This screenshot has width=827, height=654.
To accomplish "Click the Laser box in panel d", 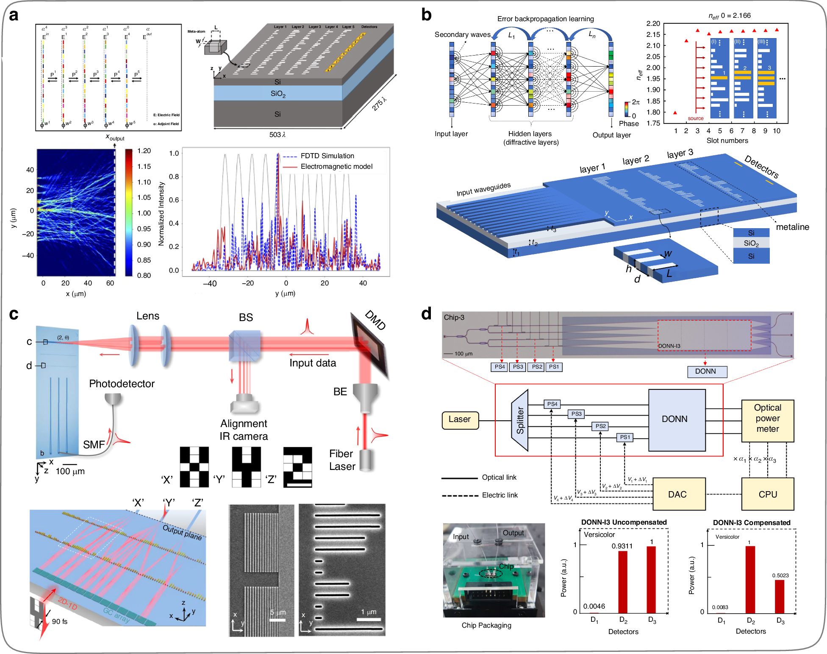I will pyautogui.click(x=460, y=420).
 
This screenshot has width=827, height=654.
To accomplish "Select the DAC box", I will pyautogui.click(x=679, y=494).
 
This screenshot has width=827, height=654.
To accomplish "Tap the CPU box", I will pyautogui.click(x=767, y=494).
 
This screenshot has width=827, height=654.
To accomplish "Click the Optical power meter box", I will pyautogui.click(x=767, y=419).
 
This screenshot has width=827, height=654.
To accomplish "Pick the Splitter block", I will pyautogui.click(x=520, y=420).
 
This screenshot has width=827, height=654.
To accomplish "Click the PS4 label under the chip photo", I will pyautogui.click(x=500, y=367).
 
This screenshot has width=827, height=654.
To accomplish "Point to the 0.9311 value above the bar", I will pyautogui.click(x=622, y=546).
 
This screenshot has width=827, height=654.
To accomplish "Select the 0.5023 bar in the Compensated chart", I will pyautogui.click(x=780, y=596).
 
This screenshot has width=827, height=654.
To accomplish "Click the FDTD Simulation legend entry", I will pyautogui.click(x=327, y=156).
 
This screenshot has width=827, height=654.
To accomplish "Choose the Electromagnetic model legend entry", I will pyautogui.click(x=336, y=167).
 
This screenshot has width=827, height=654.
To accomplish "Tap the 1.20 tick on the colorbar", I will pyautogui.click(x=144, y=151).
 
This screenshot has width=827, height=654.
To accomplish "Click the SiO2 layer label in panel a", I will pyautogui.click(x=278, y=94).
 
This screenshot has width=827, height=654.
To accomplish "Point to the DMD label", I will pyautogui.click(x=375, y=320).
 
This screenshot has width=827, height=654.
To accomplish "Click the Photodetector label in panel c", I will pyautogui.click(x=122, y=384).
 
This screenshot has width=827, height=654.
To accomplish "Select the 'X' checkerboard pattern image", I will pyautogui.click(x=194, y=467).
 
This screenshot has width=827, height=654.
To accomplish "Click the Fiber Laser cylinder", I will pyautogui.click(x=366, y=460).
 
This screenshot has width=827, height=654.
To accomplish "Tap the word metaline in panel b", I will pyautogui.click(x=792, y=227).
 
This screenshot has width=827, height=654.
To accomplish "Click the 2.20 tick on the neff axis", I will pyautogui.click(x=653, y=24).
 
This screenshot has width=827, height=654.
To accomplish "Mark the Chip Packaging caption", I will pyautogui.click(x=486, y=625).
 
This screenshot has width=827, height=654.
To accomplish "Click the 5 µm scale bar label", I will pyautogui.click(x=278, y=612).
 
